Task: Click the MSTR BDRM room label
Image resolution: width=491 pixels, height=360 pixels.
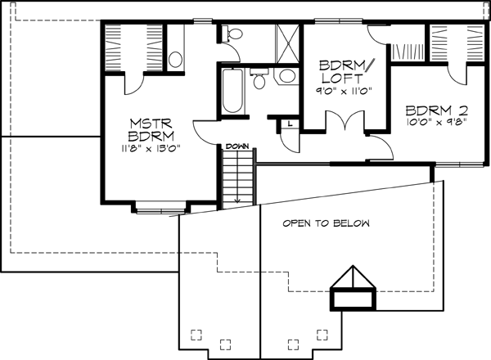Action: [150, 130]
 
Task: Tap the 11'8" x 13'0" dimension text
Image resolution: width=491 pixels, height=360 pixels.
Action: [150, 148]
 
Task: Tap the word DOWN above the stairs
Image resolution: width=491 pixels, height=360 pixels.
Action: [237, 145]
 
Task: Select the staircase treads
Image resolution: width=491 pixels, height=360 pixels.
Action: [237, 176]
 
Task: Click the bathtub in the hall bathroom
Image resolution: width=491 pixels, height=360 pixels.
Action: [231, 93]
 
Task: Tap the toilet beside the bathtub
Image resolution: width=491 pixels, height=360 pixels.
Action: [259, 79]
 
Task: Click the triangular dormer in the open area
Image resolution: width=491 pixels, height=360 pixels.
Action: [354, 282]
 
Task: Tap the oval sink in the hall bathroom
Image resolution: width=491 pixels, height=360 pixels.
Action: [286, 76]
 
